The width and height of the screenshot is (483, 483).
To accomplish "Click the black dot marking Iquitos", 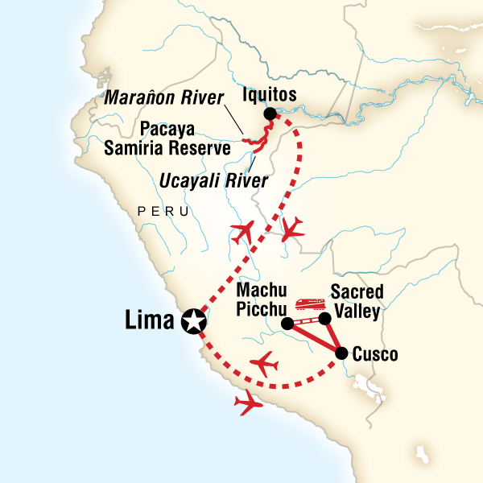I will tap(270, 114).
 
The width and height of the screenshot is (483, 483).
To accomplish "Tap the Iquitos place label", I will tap(270, 96).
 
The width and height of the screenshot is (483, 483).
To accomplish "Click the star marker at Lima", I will tap(193, 321).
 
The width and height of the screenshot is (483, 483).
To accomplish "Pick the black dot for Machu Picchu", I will tap(287, 324).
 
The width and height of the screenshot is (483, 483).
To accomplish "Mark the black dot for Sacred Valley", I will tap(325, 320).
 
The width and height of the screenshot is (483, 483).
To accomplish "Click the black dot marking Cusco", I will tap(341, 353).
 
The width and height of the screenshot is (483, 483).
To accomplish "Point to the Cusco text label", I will tap(376, 353).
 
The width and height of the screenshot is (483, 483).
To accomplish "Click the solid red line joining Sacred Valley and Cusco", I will tap(333, 336).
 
